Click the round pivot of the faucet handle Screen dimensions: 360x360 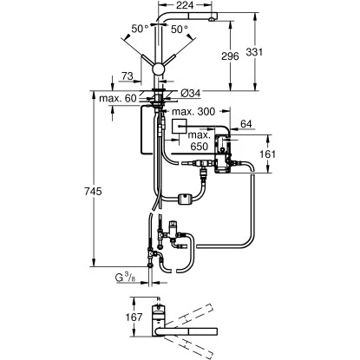tap(160, 69)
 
